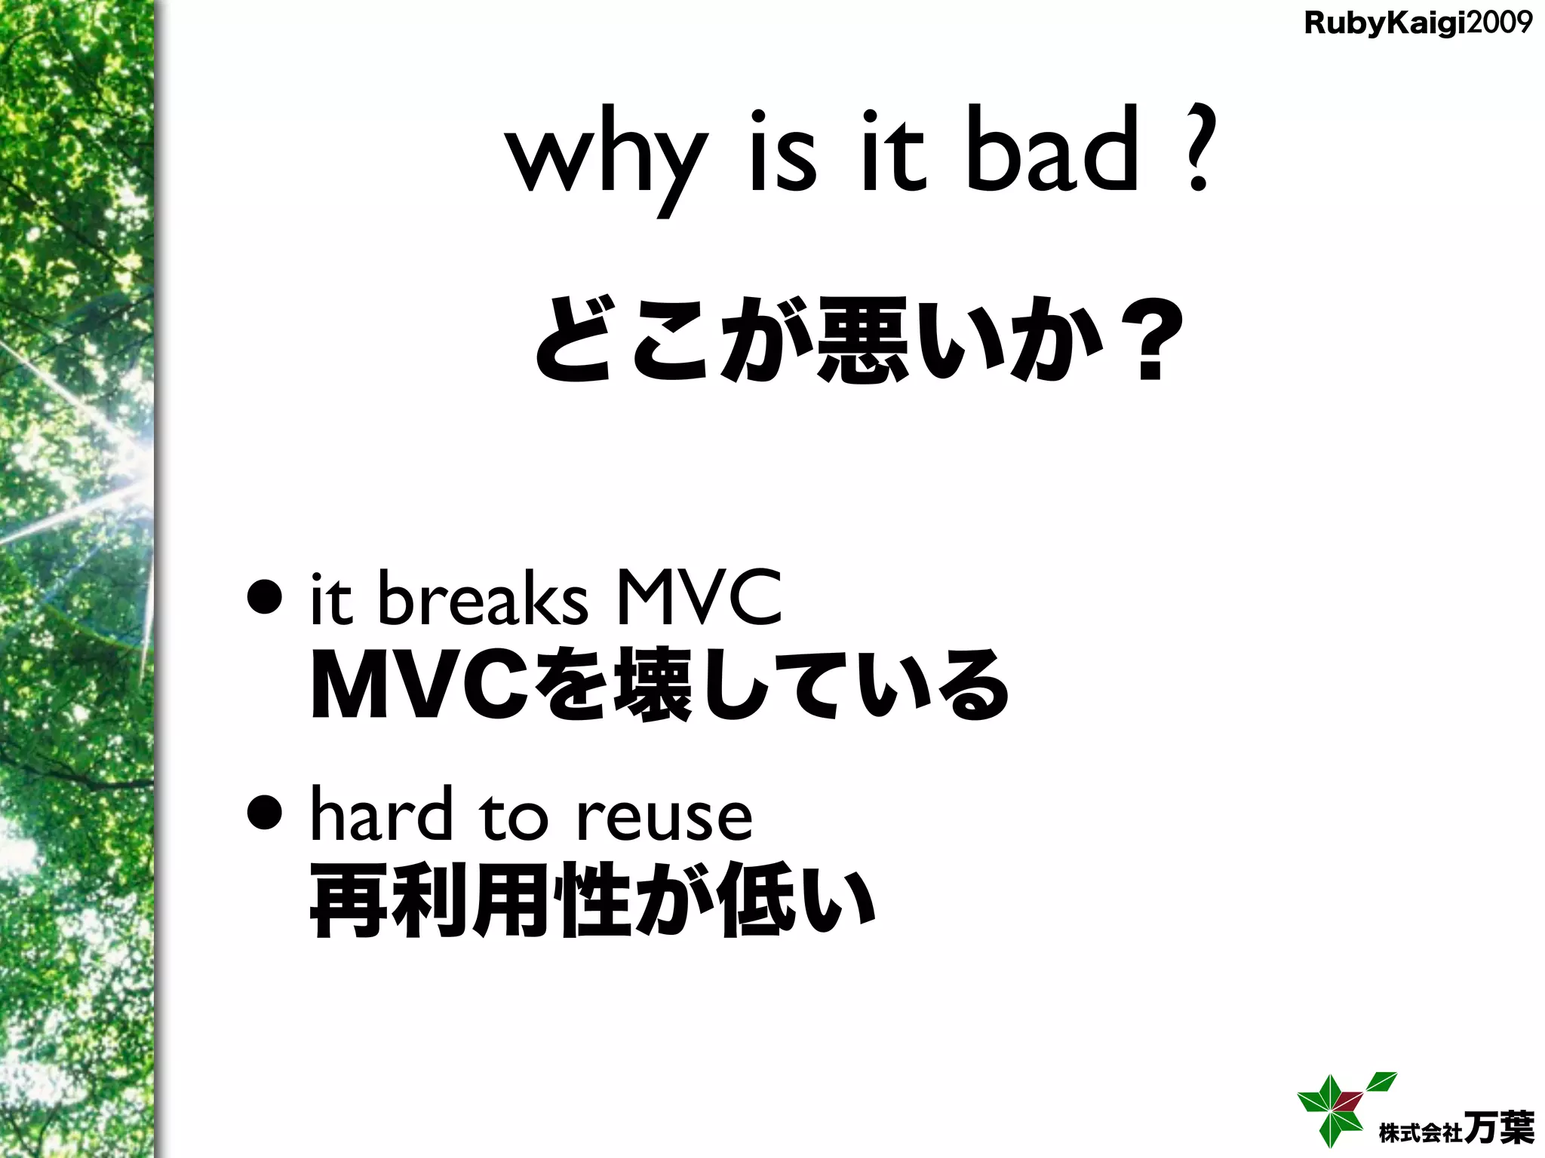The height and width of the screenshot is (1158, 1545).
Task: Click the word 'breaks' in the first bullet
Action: [x=483, y=600]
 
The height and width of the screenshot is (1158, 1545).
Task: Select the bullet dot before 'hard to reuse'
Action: [x=265, y=814]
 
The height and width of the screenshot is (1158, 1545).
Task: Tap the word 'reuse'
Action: [x=664, y=817]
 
